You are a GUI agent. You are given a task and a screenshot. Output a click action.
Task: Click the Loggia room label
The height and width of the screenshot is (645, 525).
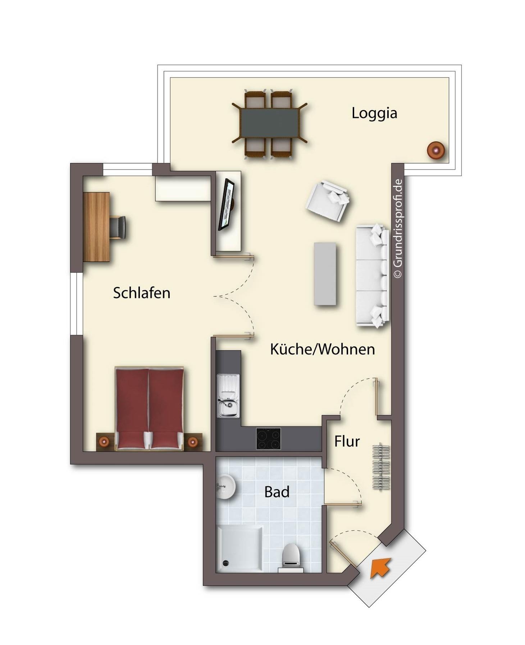(374, 113)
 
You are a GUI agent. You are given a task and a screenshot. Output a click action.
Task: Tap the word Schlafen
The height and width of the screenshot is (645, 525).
(141, 293)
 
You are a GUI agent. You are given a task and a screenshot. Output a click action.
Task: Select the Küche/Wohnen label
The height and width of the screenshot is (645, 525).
(322, 349)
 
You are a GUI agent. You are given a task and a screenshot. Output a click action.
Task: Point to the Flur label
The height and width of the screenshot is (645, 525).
(347, 441)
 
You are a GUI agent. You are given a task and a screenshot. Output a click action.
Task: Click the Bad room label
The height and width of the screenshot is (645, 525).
(277, 491)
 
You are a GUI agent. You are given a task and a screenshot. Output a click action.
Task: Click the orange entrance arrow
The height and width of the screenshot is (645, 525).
(380, 567)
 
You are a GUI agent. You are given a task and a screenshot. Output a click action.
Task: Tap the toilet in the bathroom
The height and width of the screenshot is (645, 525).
(291, 558)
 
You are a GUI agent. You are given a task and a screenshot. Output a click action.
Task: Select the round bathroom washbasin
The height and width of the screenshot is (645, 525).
(225, 486)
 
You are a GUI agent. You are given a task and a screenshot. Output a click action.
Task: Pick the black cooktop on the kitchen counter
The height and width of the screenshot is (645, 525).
(268, 438)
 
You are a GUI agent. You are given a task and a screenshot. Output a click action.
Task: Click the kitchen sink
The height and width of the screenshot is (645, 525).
(228, 396)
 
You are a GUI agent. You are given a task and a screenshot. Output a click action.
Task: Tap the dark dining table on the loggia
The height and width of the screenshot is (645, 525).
(269, 123)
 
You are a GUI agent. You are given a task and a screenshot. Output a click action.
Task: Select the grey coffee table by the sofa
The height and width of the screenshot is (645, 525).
(325, 274)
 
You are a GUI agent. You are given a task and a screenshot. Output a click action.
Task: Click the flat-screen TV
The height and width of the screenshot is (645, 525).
(226, 204)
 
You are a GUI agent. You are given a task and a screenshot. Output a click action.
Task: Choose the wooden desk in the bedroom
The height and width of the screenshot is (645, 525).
(96, 227)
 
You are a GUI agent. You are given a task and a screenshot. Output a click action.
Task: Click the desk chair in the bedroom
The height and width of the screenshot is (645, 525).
(118, 227)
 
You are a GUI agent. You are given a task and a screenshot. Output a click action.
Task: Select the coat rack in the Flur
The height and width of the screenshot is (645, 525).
(381, 466)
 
